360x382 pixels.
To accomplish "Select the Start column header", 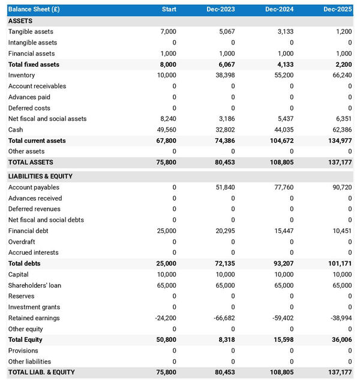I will coord(169,10).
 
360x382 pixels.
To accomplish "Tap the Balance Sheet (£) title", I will coord(34,10).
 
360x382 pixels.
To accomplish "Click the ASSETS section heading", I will coord(20,21).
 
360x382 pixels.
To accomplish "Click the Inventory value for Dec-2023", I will coord(223,75).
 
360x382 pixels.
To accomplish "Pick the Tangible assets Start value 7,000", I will coord(168,32).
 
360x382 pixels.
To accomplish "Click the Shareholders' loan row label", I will coord(35,285).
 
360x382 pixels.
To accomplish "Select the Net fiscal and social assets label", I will coord(47,119).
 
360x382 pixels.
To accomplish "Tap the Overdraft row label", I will coord(22,242).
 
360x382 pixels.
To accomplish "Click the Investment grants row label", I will coord(34,308).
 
